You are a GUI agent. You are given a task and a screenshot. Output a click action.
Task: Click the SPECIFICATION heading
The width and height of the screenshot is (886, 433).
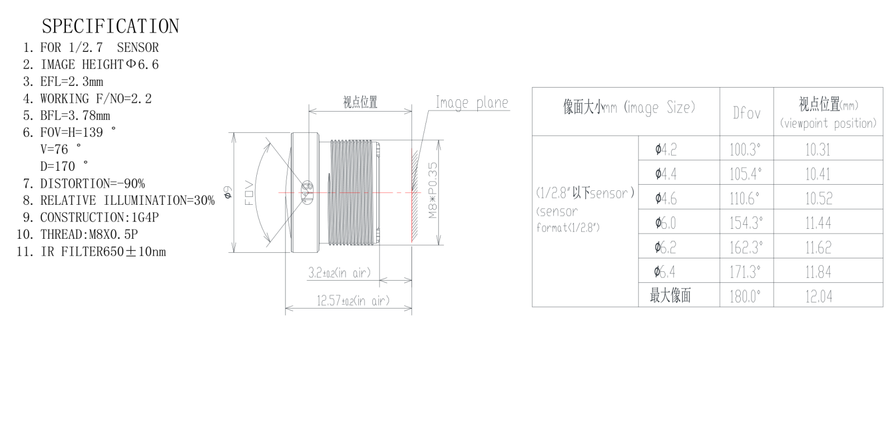point(111,26)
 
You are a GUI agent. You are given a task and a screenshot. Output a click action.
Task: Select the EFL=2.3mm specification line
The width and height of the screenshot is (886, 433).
point(71,81)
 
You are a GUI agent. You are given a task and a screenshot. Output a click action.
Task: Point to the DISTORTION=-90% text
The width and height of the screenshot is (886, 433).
point(93,184)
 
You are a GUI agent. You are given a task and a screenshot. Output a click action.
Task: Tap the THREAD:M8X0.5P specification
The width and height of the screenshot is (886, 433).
point(89,234)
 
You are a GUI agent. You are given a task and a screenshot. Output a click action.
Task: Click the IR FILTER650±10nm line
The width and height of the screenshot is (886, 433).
point(103,252)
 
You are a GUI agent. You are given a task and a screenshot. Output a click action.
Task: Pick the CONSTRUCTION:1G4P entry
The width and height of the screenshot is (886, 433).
point(99,218)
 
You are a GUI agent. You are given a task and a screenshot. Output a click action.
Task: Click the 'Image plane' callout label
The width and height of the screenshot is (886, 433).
point(472,103)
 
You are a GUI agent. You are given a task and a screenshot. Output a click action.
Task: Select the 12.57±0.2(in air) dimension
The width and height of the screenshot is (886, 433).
point(353,301)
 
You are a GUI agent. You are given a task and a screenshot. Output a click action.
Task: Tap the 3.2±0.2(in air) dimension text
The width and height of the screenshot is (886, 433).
point(339,273)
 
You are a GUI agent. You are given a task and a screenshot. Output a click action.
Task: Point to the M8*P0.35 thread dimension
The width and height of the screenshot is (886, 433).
point(433,190)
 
